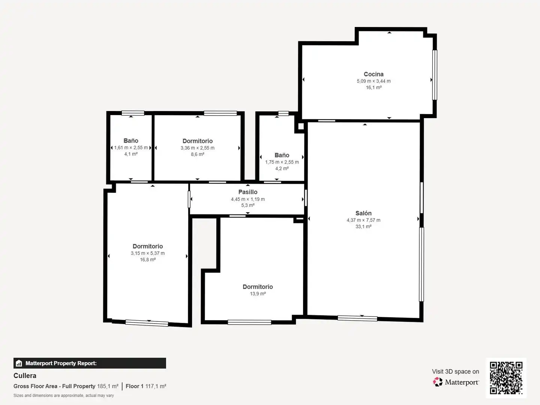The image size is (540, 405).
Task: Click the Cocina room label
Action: click(373, 74)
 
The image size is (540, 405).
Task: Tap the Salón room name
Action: click(363, 213)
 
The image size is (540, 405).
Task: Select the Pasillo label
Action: click(248, 192)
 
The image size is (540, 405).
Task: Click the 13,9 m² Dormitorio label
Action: click(258, 287)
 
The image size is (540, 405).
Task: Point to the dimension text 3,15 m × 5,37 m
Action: click(148, 253)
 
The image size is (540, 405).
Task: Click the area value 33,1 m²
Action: click(363, 226)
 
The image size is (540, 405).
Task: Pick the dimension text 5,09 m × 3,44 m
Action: click(373, 81)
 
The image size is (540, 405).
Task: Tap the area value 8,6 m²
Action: click(198, 154)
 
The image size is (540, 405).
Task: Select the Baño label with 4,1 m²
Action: click(131, 141)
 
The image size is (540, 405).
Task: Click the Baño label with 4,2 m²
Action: click(282, 155)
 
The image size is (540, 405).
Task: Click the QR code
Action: click(506, 378)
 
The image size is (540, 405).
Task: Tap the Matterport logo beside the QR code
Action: click(456, 382)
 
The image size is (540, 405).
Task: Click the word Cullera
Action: click(25, 376)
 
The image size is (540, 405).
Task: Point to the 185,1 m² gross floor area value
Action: click(108, 386)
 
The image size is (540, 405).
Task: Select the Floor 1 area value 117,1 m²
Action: click(156, 386)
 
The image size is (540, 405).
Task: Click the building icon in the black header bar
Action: click(19, 363)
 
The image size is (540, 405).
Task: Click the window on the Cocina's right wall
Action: click(435, 75)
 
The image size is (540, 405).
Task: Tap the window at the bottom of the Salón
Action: click(357, 318)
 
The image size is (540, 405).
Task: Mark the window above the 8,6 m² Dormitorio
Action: click(220, 113)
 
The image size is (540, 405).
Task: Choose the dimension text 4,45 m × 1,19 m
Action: click(248, 199)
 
